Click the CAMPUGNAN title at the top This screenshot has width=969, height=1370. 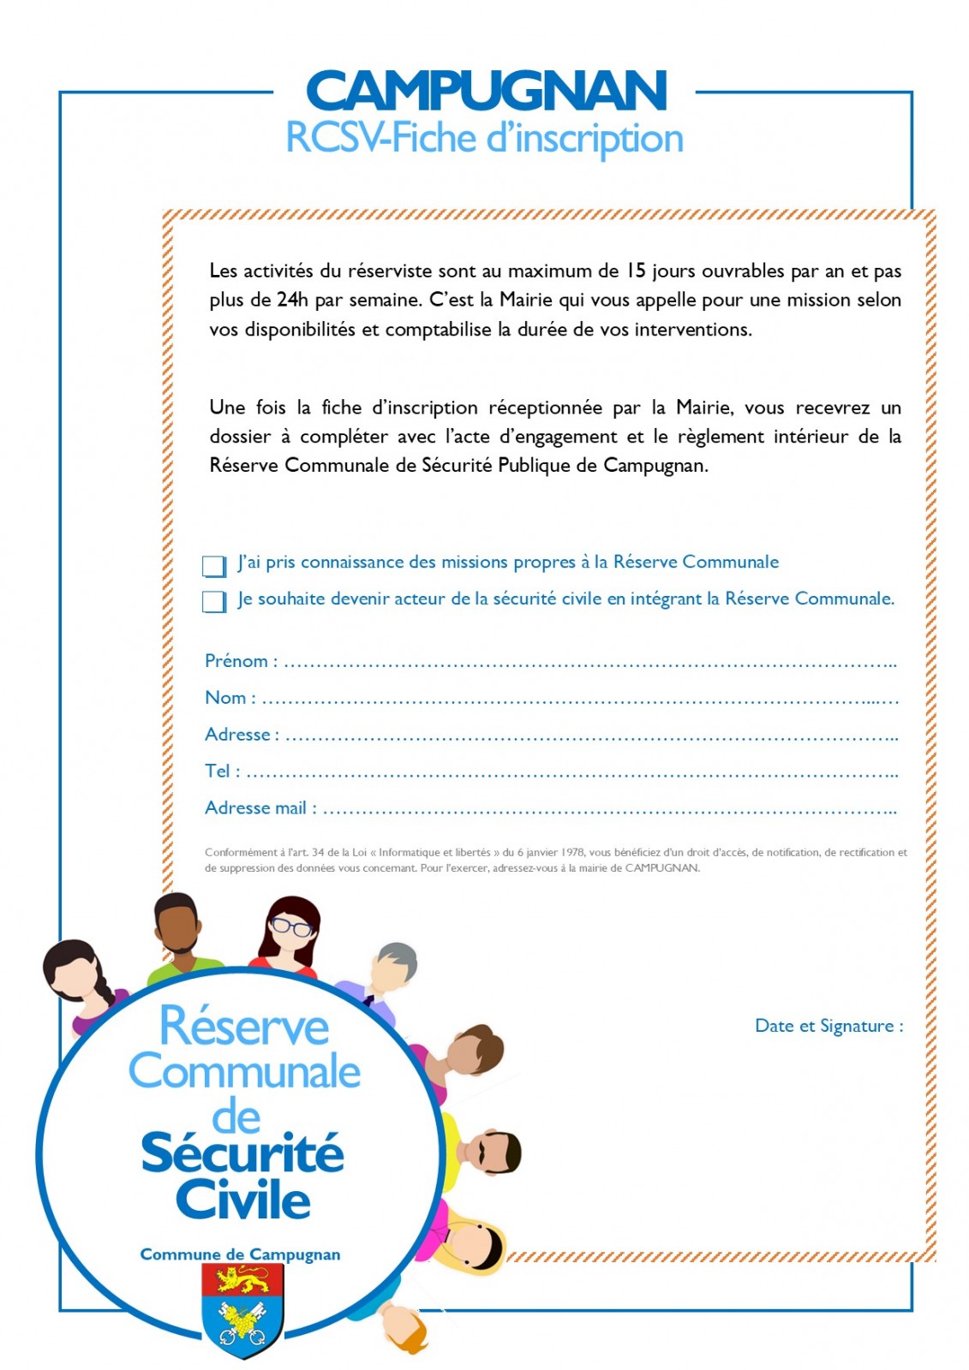point(485,91)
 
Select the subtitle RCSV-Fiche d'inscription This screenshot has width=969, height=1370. point(484,139)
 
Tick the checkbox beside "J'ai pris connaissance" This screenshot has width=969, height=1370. point(213,566)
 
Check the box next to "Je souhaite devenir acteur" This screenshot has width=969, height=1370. point(213,602)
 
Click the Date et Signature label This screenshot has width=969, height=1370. point(828,1026)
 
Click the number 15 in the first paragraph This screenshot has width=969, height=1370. point(635,271)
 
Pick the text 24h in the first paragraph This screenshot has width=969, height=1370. point(292,301)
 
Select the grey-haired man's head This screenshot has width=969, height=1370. point(394,966)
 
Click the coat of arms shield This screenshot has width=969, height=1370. point(242,1310)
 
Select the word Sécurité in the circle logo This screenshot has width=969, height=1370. point(242,1153)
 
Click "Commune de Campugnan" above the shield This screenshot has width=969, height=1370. point(240,1254)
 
